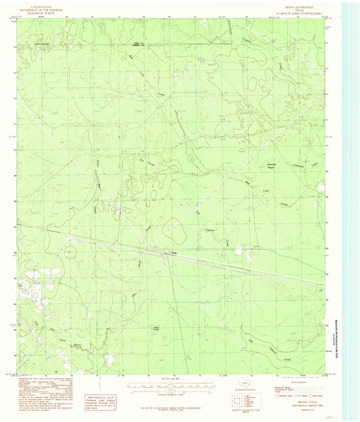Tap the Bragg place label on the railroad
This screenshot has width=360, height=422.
[x=174, y=253]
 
